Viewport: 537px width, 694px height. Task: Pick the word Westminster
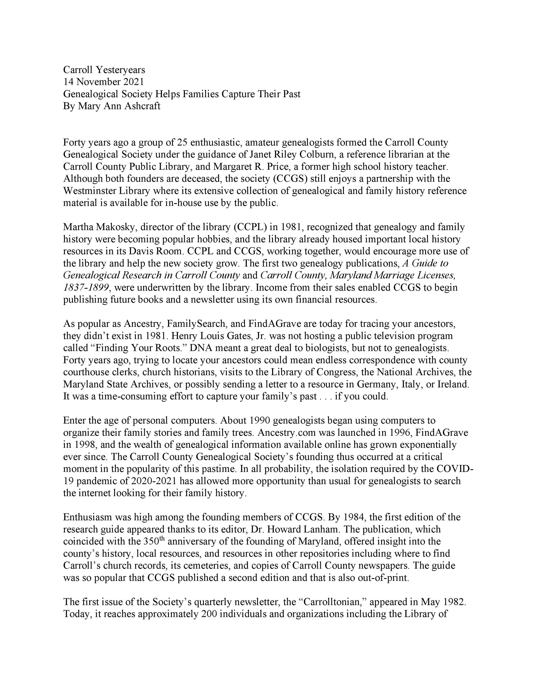[x=90, y=191]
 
